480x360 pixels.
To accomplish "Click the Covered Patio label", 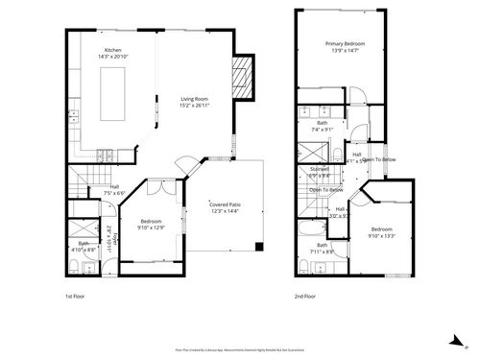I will coord(228,204).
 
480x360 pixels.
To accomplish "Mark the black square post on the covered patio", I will coord(257,247).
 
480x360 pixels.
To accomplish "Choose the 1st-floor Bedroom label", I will coord(150,220).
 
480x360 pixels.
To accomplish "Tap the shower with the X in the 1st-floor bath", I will coord(84,230).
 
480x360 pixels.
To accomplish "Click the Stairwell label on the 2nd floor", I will coord(319,170).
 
